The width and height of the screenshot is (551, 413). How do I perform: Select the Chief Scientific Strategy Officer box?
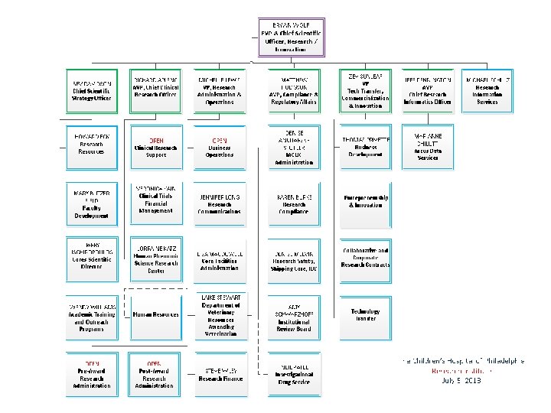pyautogui.click(x=92, y=91)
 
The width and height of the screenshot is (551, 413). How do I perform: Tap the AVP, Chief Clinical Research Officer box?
pyautogui.click(x=156, y=91)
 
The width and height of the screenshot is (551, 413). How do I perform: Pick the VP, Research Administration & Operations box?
pyautogui.click(x=220, y=91)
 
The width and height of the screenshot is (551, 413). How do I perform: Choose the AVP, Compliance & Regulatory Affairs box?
pyautogui.click(x=294, y=91)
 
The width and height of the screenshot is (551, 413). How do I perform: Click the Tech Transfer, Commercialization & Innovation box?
pyautogui.click(x=365, y=91)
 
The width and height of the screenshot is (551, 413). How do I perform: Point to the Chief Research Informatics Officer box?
pyautogui.click(x=428, y=91)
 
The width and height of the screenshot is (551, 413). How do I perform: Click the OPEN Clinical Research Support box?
pyautogui.click(x=156, y=148)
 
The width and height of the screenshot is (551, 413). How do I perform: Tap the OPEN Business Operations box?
pyautogui.click(x=220, y=148)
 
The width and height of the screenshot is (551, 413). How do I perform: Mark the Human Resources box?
pyautogui.click(x=156, y=314)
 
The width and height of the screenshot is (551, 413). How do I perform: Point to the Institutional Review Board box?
pyautogui.click(x=294, y=317)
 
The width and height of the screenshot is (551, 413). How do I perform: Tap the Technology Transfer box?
pyautogui.click(x=365, y=314)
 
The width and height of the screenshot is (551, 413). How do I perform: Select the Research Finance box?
pyautogui.click(x=220, y=374)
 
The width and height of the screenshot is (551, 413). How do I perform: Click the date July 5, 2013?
pyautogui.click(x=461, y=380)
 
